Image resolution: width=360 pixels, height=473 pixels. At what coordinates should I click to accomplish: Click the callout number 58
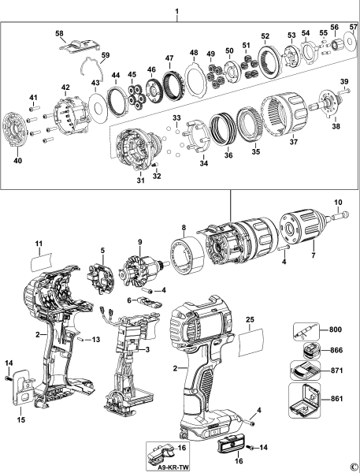(59, 32)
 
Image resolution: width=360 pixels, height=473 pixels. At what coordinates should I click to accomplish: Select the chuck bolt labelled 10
(340, 212)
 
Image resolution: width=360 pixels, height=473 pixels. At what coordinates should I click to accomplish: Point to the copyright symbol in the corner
(354, 466)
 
